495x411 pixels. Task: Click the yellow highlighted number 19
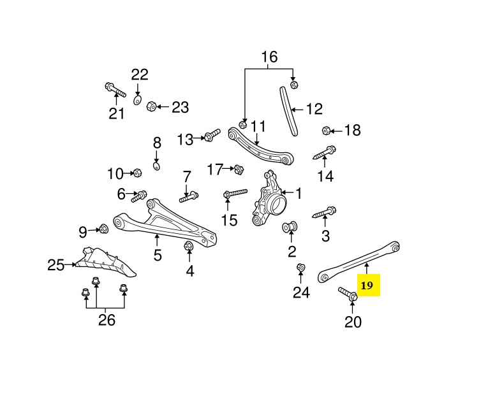point(367,285)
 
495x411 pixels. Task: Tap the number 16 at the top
point(269,57)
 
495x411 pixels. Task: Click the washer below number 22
point(138,100)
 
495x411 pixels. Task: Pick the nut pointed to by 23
point(152,106)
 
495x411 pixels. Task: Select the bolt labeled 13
point(211,136)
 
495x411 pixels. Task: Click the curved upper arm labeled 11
point(262,145)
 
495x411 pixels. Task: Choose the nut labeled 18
point(326,131)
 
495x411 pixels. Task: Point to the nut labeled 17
point(240,169)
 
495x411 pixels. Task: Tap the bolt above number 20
point(347,294)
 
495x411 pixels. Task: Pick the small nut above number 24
point(301,268)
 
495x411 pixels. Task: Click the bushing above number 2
point(291,226)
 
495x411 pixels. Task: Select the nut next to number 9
point(103,229)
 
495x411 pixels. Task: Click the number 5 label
point(158,256)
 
